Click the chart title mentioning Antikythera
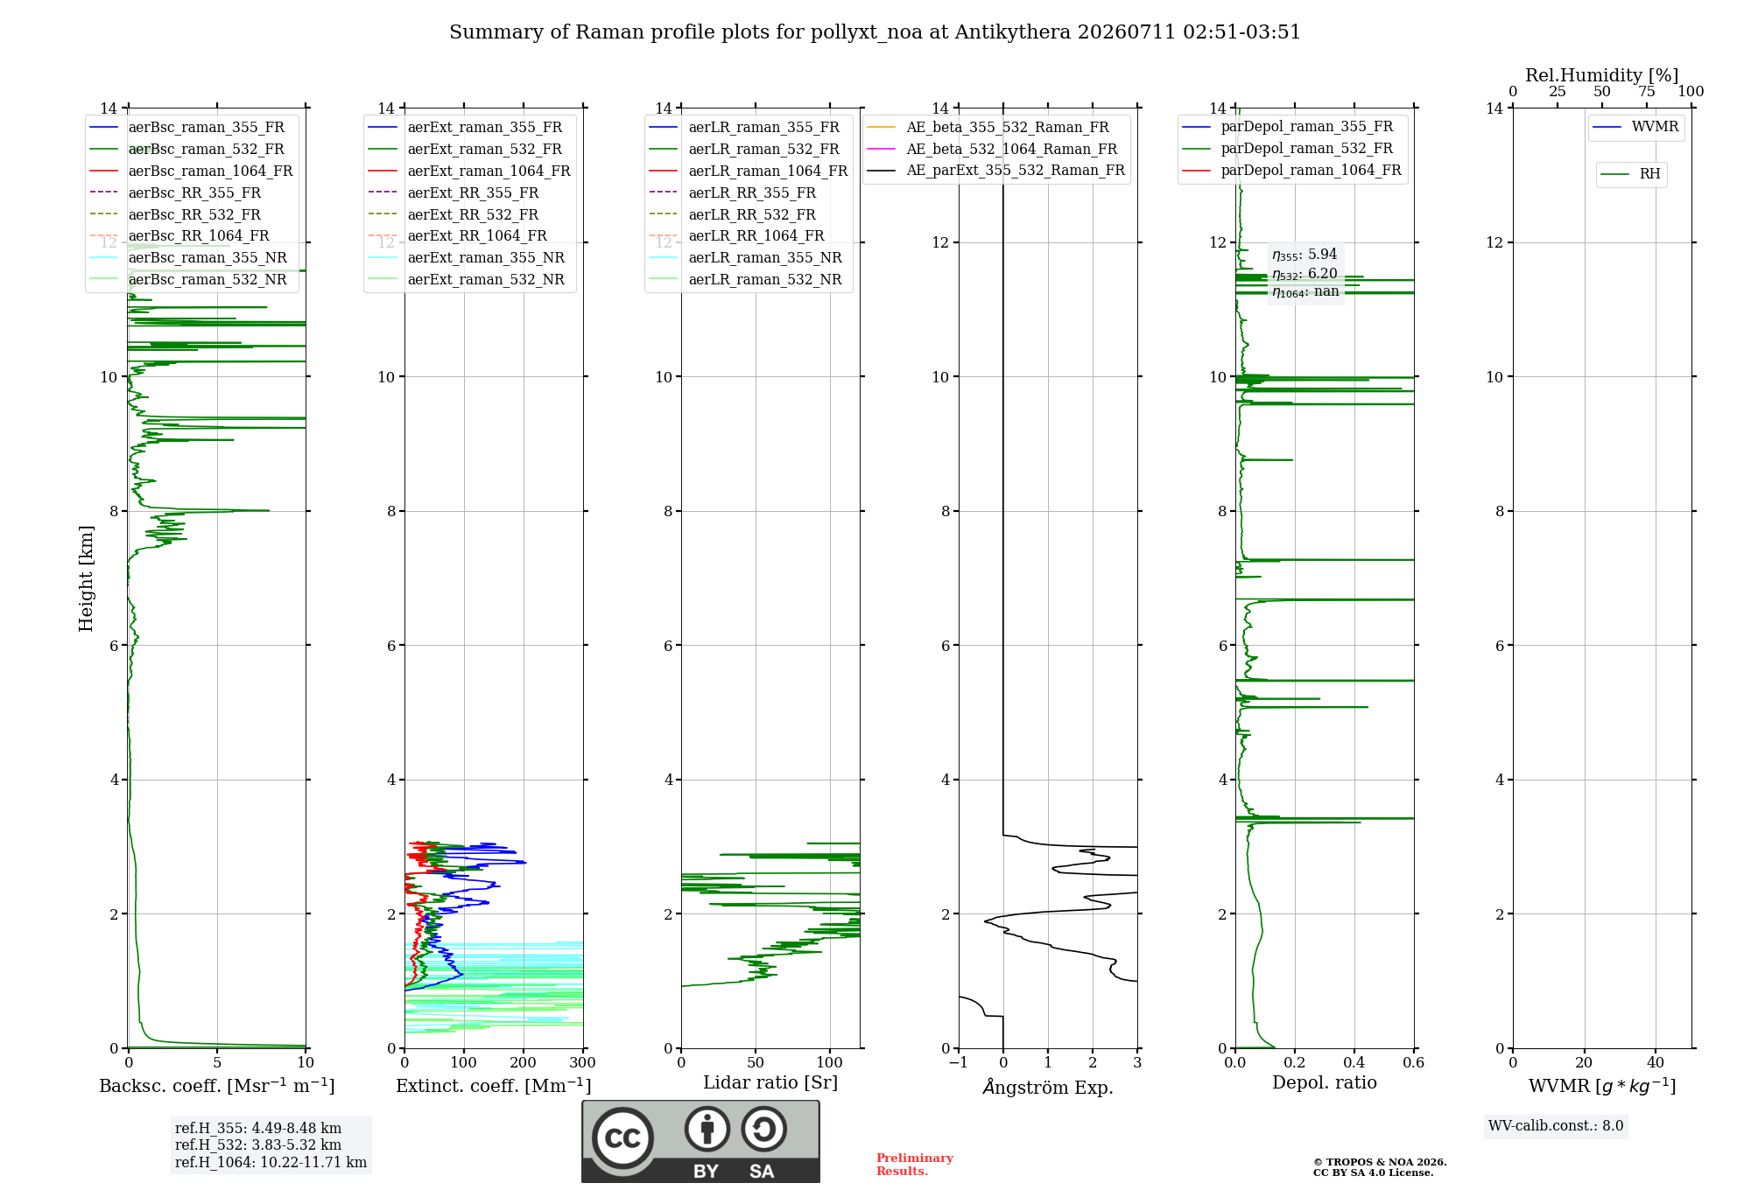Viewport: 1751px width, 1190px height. coord(875,32)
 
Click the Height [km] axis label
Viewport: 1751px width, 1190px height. coord(86,578)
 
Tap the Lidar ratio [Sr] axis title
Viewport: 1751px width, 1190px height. coord(770,1082)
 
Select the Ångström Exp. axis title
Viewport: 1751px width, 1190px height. coord(1048,1087)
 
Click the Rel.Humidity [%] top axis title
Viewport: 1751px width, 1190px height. coord(1602,75)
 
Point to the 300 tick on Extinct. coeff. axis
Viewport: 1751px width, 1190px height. coord(582,1062)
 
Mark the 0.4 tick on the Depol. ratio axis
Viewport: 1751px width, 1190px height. coord(1354,1062)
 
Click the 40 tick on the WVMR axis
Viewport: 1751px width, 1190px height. coord(1655,1062)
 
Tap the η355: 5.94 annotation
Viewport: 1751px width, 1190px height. coord(1304,255)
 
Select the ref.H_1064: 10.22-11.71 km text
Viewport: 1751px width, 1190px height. coord(271,1162)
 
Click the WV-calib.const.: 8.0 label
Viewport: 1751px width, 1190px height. coord(1556,1126)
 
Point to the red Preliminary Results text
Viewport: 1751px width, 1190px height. coord(914,1165)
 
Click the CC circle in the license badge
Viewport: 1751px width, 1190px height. coord(622,1138)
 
